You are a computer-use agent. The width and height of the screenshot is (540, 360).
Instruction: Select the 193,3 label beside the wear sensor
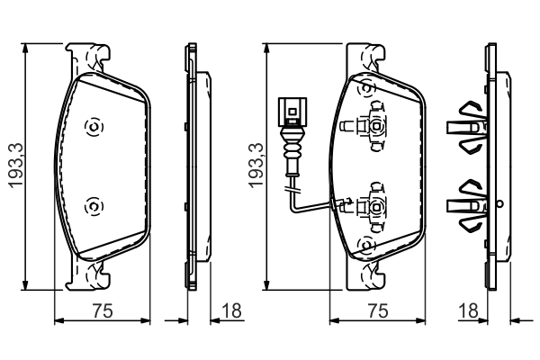pos(256,164)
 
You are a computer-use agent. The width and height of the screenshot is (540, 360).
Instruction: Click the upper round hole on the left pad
pos(91,127)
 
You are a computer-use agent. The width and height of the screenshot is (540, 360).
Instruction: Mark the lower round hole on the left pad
pos(91,207)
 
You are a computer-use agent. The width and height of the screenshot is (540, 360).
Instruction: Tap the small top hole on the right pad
pos(365,88)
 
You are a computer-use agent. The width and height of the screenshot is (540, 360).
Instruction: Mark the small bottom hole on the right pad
pos(365,244)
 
